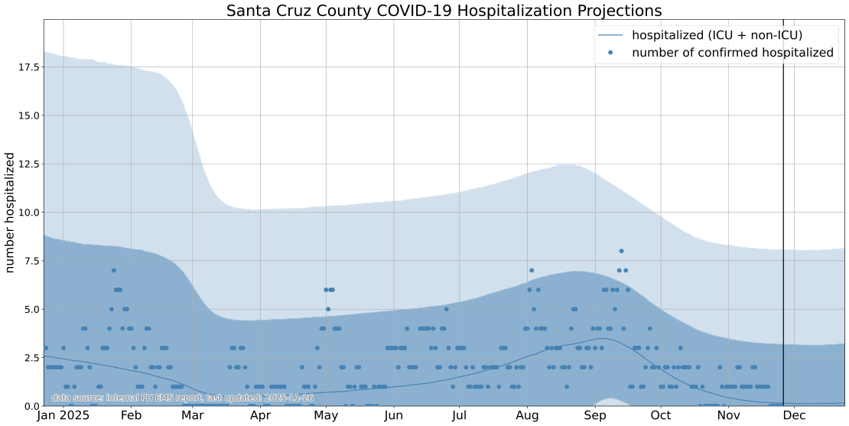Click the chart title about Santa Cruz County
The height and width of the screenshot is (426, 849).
pyautogui.click(x=444, y=11)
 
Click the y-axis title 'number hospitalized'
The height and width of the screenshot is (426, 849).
pyautogui.click(x=11, y=213)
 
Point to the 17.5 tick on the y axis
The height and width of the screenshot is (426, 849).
pyautogui.click(x=27, y=67)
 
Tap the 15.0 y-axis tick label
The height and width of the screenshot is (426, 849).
pyautogui.click(x=27, y=115)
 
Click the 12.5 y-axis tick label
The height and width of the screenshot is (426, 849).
pyautogui.click(x=27, y=164)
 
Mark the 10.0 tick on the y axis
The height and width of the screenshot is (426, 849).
pyautogui.click(x=27, y=213)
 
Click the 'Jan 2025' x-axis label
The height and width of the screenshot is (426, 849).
pyautogui.click(x=63, y=416)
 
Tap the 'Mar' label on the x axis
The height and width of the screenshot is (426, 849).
pyautogui.click(x=193, y=416)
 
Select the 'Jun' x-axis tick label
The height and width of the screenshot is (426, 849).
pyautogui.click(x=394, y=416)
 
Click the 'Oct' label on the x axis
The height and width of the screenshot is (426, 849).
pyautogui.click(x=661, y=416)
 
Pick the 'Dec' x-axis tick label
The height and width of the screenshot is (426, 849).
pyautogui.click(x=794, y=416)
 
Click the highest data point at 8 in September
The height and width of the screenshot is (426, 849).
pyautogui.click(x=621, y=251)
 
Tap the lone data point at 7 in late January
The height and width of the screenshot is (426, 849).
pyautogui.click(x=113, y=270)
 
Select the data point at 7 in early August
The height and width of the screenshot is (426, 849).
pyautogui.click(x=532, y=270)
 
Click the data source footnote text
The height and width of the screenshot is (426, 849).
pyautogui.click(x=183, y=398)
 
